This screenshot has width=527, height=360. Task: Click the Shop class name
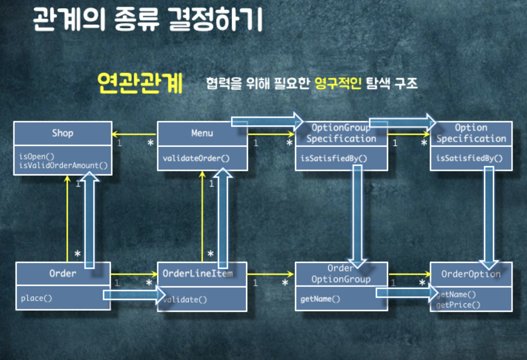click(x=63, y=133)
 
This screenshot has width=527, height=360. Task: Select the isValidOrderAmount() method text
click(x=63, y=165)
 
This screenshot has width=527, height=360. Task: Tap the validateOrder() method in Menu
click(x=196, y=158)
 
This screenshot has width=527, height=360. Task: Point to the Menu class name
click(x=202, y=133)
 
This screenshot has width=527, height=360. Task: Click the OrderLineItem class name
click(x=198, y=274)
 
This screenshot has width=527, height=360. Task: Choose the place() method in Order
click(x=36, y=298)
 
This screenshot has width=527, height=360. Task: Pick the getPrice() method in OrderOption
click(x=458, y=305)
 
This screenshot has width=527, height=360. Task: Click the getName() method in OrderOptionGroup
click(x=320, y=299)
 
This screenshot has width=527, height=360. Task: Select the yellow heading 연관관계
click(x=140, y=83)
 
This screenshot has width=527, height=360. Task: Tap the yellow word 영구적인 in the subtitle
click(x=338, y=84)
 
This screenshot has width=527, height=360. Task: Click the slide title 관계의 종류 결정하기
click(x=148, y=20)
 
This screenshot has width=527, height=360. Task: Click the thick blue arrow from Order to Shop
click(x=89, y=220)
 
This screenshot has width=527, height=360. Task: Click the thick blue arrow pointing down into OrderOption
click(x=489, y=216)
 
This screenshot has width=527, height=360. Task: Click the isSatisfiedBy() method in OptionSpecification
click(x=469, y=158)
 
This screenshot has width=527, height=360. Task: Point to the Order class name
click(x=63, y=274)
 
